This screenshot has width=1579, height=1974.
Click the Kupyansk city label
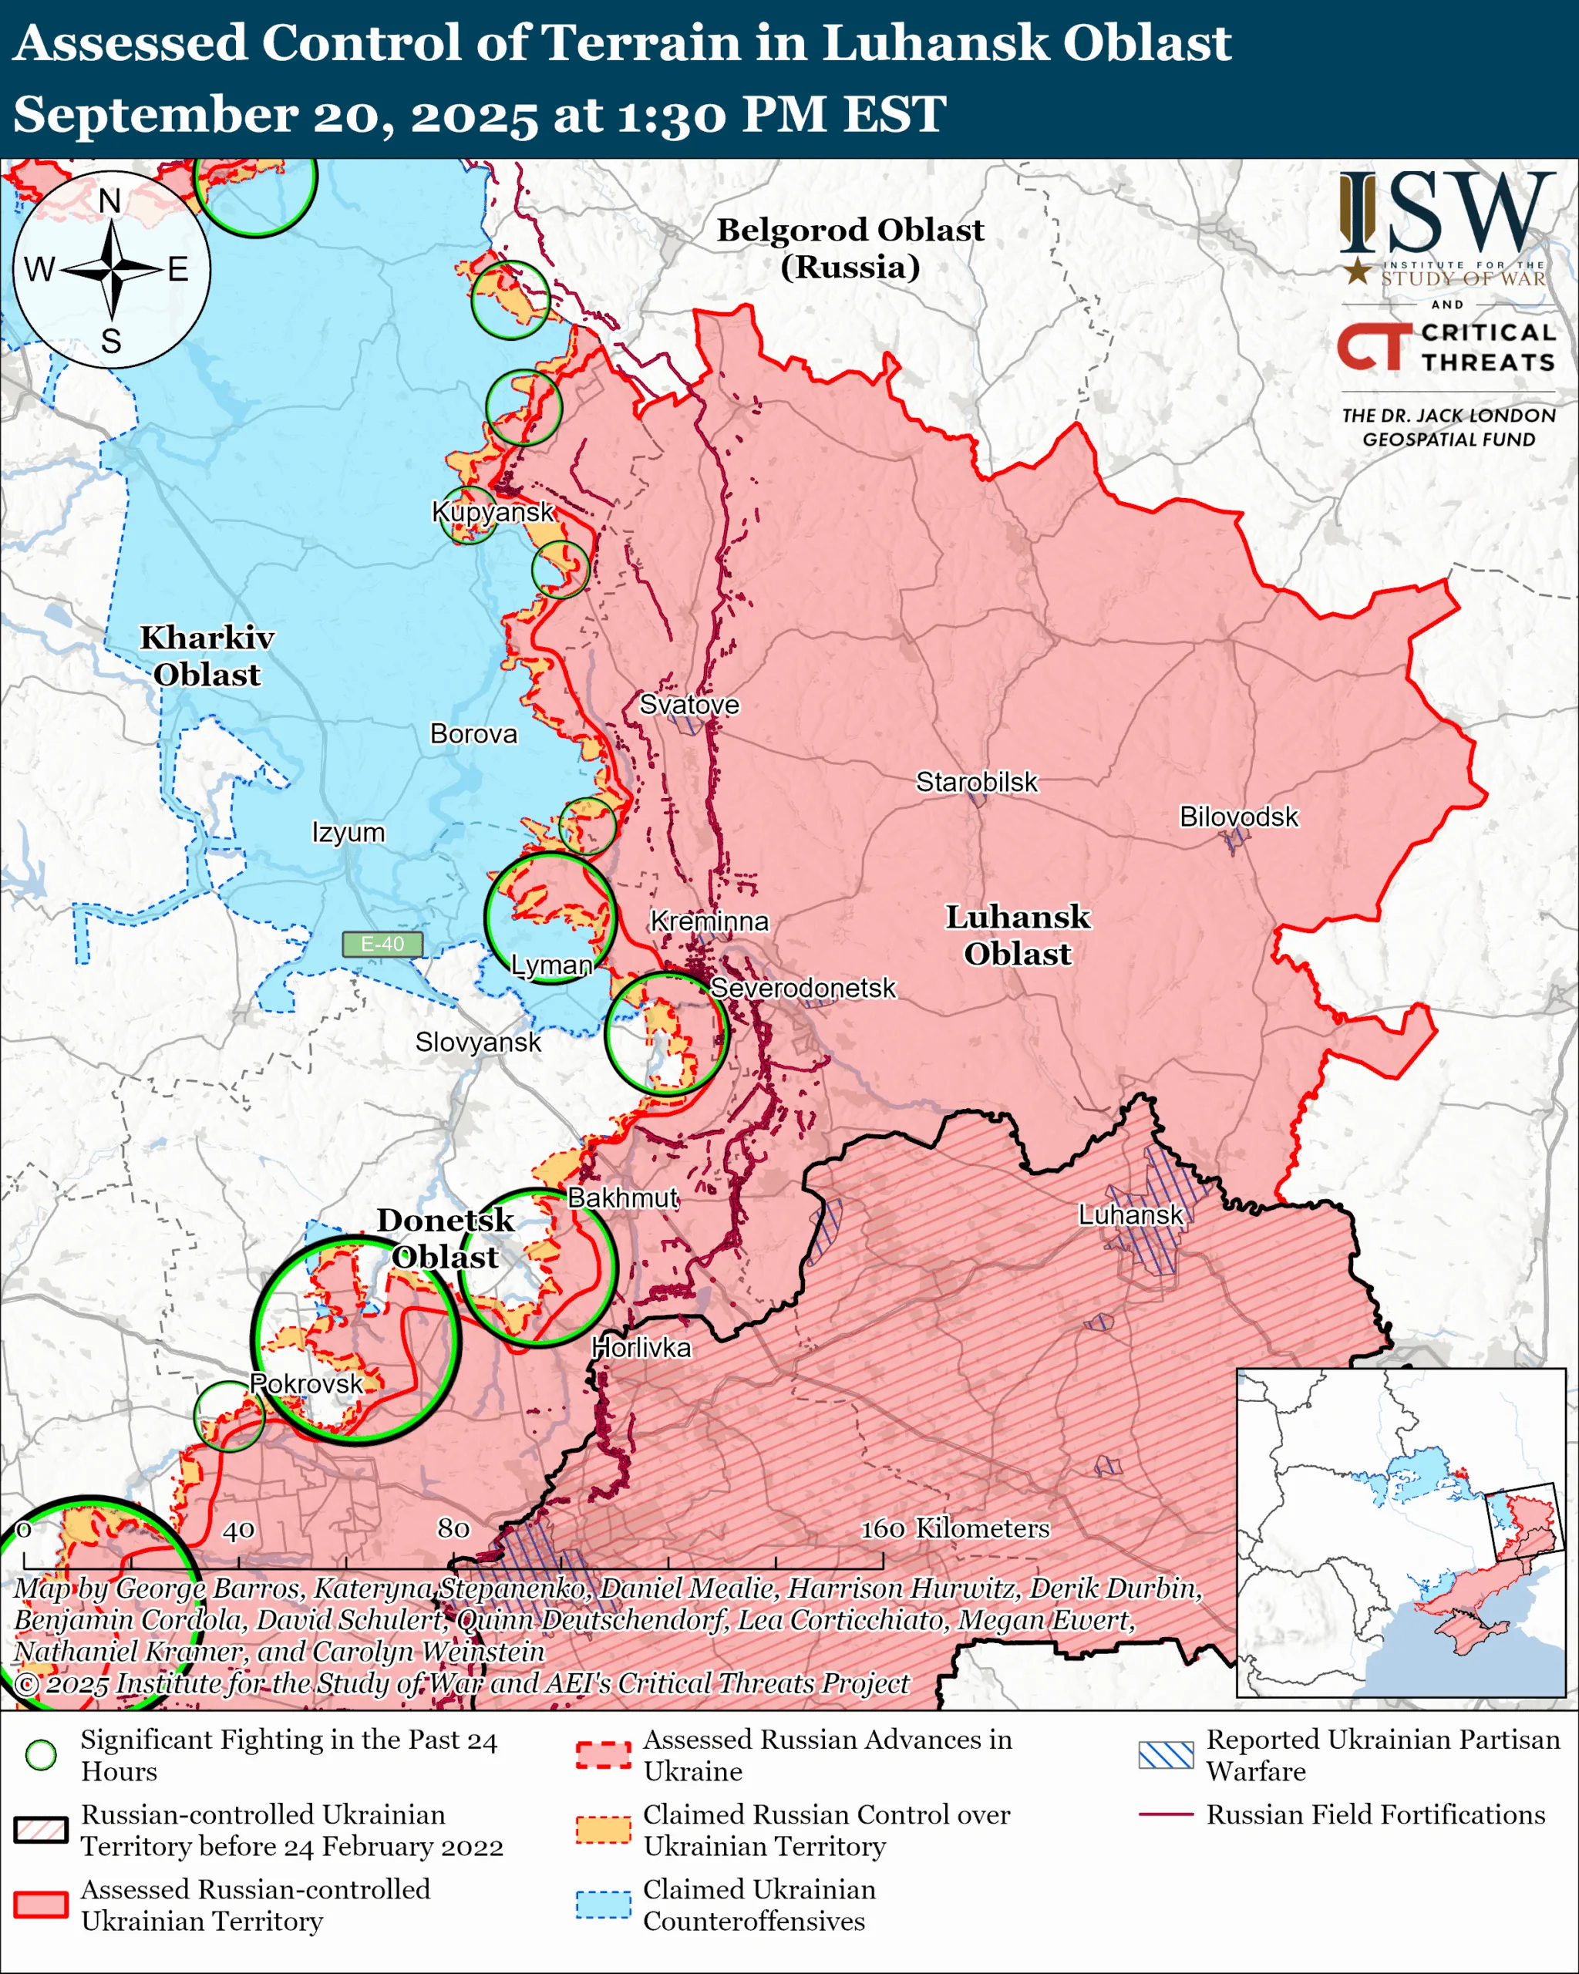[x=493, y=512]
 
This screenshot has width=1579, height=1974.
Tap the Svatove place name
[x=688, y=704]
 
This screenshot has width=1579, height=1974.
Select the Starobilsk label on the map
[x=977, y=782]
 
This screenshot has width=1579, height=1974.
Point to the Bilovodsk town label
[x=1237, y=816]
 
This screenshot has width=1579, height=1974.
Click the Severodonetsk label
[x=803, y=988]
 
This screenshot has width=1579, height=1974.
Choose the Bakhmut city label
[x=622, y=1198]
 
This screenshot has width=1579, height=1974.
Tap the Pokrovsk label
[x=306, y=1383]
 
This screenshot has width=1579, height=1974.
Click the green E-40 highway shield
[x=382, y=944]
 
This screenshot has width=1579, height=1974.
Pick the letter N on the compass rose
[x=109, y=200]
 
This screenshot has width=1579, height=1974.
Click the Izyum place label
[x=348, y=832]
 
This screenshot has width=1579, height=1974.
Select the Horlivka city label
[x=641, y=1348]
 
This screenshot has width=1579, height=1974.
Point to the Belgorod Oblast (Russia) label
[x=850, y=248]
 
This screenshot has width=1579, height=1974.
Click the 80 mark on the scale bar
[x=453, y=1528]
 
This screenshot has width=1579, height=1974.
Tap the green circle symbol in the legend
[x=40, y=1754]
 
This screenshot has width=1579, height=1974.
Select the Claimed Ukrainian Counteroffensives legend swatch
[x=603, y=1905]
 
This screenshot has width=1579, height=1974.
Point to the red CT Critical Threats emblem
[x=1374, y=346]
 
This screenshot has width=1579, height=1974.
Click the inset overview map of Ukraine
[x=1400, y=1533]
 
